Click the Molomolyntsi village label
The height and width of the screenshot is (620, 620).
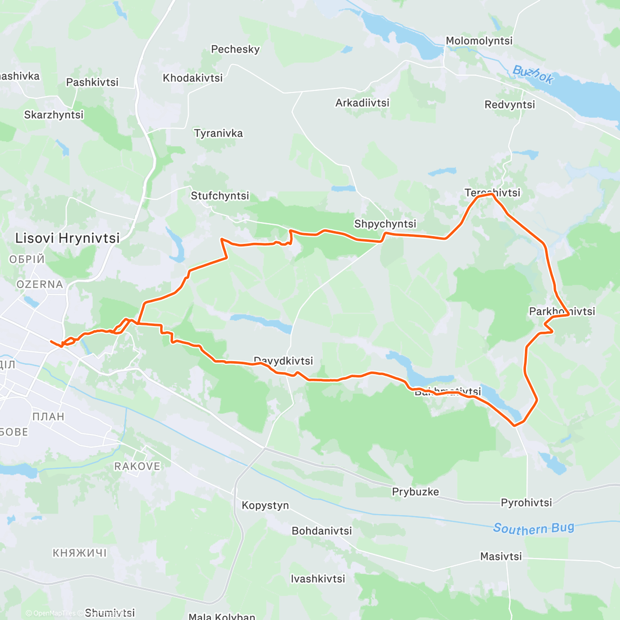point(479,41)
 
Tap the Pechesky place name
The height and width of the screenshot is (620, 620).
point(235,50)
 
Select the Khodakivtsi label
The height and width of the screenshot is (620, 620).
point(193,78)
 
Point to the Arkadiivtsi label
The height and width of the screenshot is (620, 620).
point(362,103)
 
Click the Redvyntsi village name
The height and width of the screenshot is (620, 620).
point(509,105)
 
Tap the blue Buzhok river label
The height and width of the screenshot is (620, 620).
point(534,75)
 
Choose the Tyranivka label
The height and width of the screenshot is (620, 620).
point(218,133)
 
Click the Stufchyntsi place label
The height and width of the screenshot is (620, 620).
point(220,196)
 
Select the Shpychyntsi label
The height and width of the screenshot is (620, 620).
point(385,224)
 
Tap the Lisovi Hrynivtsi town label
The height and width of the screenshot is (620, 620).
point(67,238)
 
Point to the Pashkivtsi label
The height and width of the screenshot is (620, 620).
point(92,82)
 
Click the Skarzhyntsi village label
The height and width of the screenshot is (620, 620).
point(54,115)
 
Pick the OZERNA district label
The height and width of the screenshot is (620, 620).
point(40,285)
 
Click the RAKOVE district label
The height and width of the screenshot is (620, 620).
point(137,467)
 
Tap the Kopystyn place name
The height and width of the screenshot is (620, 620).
point(265,505)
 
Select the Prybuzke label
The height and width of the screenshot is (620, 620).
point(415,492)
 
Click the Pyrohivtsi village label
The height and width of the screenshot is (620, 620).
point(526,503)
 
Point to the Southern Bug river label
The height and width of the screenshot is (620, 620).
point(533,528)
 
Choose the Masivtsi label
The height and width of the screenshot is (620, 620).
point(501,556)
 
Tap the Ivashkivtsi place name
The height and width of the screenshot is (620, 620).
point(318,579)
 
